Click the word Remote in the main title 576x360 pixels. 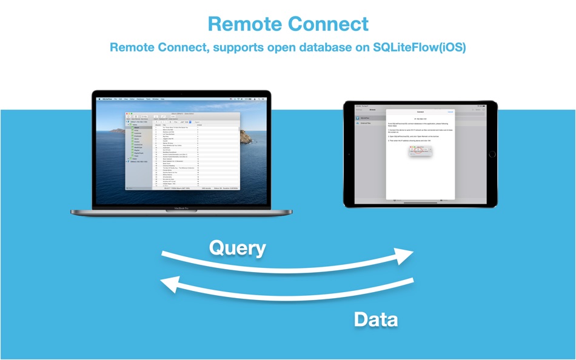point(245,24)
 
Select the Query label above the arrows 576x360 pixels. point(238,248)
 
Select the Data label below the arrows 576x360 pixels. point(376,319)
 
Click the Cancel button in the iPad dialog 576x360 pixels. point(450,112)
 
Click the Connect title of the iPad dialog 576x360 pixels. point(420,112)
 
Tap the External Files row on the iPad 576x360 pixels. point(367,123)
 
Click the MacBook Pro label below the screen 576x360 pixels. point(181,208)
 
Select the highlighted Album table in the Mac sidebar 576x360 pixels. point(137,128)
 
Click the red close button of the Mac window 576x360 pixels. point(127,113)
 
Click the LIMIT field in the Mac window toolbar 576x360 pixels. point(183,121)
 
